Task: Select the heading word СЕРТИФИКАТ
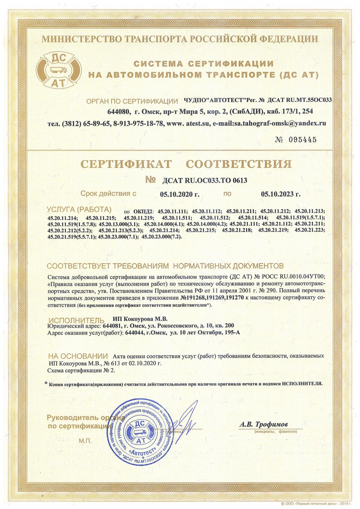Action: tap(127, 164)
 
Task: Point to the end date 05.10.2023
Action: tap(280, 194)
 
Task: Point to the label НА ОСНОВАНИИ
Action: tap(78, 356)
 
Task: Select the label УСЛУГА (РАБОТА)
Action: tap(79, 209)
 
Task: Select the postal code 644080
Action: tap(119, 111)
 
